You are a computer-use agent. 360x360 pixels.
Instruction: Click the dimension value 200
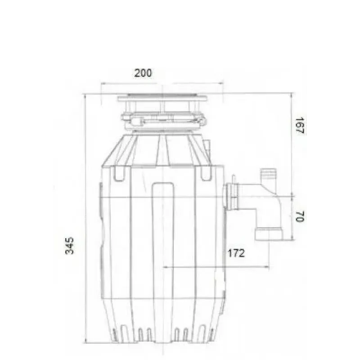(143, 73)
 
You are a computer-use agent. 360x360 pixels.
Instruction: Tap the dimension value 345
(70, 246)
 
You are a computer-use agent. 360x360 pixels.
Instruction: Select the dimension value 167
(300, 126)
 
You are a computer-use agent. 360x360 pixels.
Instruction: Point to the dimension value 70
(300, 216)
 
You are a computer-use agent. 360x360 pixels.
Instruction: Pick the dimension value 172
(236, 253)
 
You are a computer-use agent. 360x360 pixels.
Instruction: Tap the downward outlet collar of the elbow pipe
(269, 234)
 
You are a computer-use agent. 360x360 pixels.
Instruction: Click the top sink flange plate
(162, 99)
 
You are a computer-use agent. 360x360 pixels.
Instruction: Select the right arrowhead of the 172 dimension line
(267, 267)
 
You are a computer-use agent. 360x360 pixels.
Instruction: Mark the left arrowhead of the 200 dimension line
(103, 83)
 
